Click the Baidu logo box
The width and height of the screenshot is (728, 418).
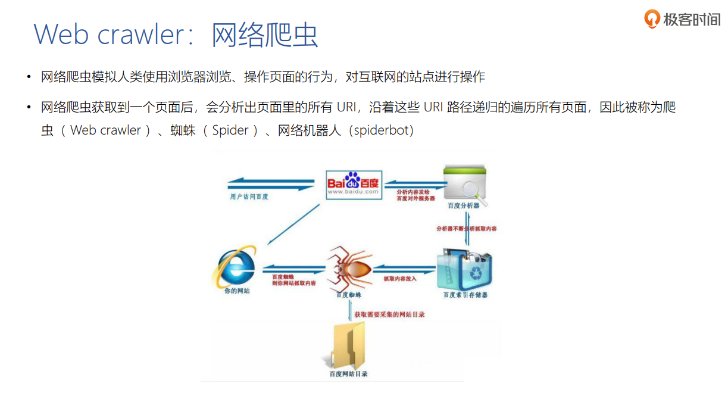pos(353,183)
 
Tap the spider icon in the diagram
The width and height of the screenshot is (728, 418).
pos(348,267)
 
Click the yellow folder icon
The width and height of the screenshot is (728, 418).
pos(348,345)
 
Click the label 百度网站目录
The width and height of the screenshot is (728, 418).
pos(348,374)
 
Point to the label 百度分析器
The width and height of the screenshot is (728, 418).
pos(464,205)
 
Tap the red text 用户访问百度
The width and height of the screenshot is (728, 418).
pos(249,196)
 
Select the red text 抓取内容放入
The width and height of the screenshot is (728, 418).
pos(400,278)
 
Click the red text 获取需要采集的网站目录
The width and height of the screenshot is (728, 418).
pos(389,314)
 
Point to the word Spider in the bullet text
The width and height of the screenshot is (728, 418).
pos(230,130)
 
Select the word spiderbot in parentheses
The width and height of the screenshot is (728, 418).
pos(383,130)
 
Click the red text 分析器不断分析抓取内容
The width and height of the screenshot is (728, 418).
pos(467,228)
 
